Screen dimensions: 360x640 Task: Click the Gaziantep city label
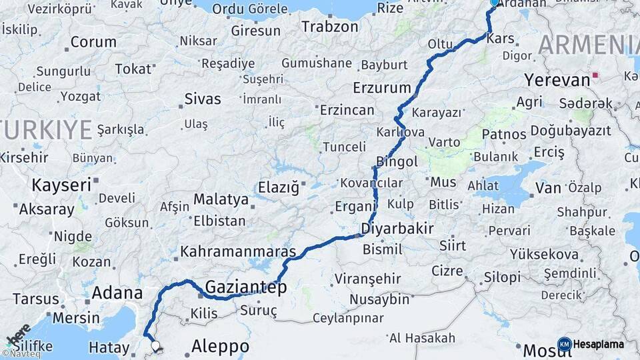246,287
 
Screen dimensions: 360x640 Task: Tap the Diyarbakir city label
397,229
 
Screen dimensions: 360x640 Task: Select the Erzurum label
382,88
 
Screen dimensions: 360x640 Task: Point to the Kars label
501,39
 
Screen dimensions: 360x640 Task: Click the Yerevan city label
557,80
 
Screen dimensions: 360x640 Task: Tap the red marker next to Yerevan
595,76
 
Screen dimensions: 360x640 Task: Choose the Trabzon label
330,27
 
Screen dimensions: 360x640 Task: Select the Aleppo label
220,347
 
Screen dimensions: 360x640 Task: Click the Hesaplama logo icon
565,344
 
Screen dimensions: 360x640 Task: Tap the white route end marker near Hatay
156,346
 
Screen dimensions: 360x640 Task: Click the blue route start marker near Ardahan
494,3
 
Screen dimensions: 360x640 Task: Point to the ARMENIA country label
588,45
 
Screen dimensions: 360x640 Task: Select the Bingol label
397,161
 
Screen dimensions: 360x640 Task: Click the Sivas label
203,99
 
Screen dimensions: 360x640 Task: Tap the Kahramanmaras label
238,252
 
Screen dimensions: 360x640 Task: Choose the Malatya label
221,199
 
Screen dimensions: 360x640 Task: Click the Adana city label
117,292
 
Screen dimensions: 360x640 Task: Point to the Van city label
548,188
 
